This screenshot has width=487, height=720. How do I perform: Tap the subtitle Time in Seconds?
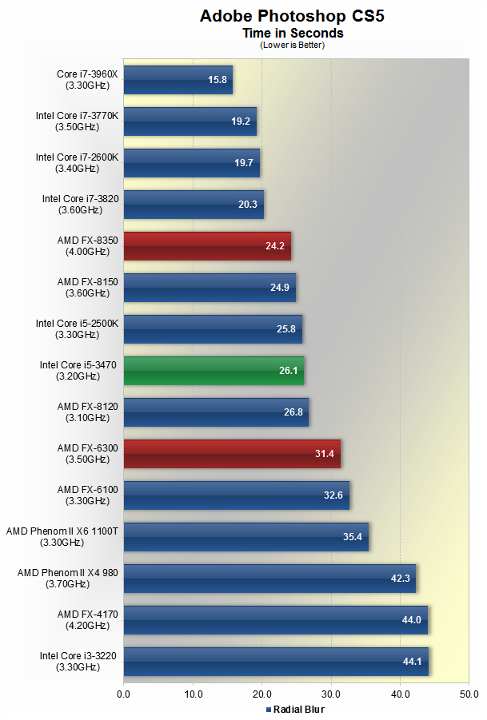click(x=293, y=34)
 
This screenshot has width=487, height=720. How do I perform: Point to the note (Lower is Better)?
click(x=293, y=45)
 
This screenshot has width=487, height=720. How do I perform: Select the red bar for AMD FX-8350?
click(x=206, y=246)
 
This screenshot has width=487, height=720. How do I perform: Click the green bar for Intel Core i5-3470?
click(x=214, y=371)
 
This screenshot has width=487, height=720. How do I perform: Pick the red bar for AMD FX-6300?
click(x=232, y=454)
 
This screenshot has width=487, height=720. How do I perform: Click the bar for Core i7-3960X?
click(x=178, y=80)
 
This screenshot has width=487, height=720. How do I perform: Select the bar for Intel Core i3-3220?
click(x=276, y=662)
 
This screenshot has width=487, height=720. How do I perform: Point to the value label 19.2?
click(x=241, y=121)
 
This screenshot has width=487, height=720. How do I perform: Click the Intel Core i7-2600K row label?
click(x=77, y=162)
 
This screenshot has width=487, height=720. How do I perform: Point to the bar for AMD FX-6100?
click(x=236, y=495)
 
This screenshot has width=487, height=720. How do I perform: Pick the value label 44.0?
click(x=412, y=620)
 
